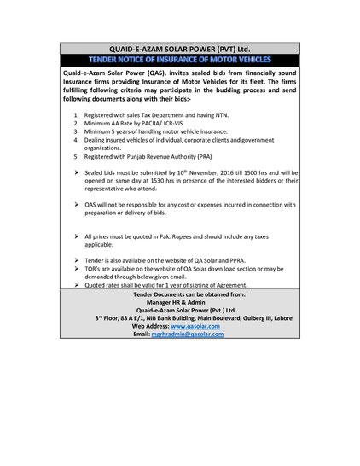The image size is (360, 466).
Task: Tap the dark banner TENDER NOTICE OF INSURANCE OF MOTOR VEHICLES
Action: click(x=179, y=59)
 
